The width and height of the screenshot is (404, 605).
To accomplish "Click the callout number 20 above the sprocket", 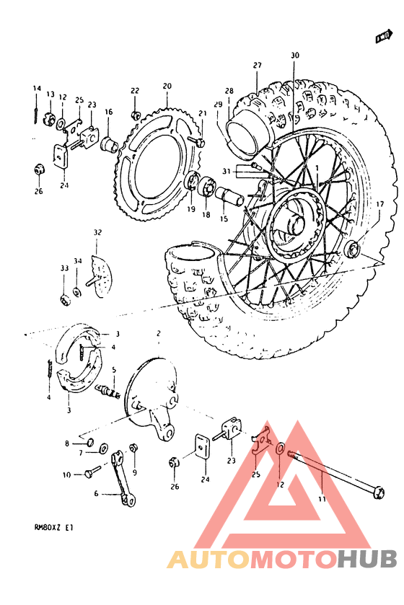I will (167, 86).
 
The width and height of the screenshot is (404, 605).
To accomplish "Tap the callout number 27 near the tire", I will (256, 66).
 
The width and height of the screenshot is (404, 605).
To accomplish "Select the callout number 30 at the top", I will (294, 56).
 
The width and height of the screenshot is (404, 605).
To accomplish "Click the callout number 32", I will (98, 232).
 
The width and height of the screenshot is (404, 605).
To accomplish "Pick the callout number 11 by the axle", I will (322, 498).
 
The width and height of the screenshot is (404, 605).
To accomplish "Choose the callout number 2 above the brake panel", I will (158, 335).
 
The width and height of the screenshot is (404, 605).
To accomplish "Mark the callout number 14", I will (36, 89).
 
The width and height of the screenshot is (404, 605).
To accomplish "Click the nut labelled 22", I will (135, 115).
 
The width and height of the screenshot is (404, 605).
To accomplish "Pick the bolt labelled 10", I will (91, 474).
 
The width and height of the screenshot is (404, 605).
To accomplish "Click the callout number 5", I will (113, 369).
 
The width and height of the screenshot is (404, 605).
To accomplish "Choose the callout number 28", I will (229, 91).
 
